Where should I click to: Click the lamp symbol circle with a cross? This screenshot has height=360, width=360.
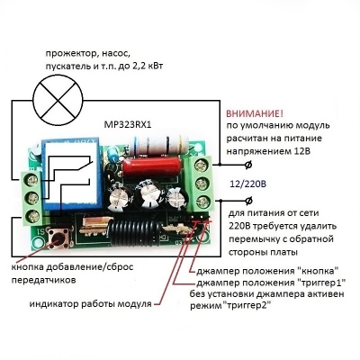58,100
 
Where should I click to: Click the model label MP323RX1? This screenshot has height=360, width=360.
128,124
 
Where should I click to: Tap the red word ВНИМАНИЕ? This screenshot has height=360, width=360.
255,113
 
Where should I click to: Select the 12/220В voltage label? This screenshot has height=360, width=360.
247,184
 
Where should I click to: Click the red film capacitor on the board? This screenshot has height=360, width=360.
152,167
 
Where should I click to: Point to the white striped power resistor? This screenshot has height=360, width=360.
159,146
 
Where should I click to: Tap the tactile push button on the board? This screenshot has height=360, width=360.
58,238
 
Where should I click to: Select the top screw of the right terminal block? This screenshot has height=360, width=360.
202,165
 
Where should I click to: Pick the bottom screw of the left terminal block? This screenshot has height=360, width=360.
32,215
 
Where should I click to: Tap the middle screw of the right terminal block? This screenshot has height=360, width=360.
202,183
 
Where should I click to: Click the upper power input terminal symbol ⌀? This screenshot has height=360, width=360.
248,165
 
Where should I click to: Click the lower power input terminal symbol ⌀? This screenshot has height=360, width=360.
248,201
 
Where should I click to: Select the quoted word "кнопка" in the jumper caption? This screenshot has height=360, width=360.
317,271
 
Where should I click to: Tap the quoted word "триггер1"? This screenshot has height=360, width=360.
321,283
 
